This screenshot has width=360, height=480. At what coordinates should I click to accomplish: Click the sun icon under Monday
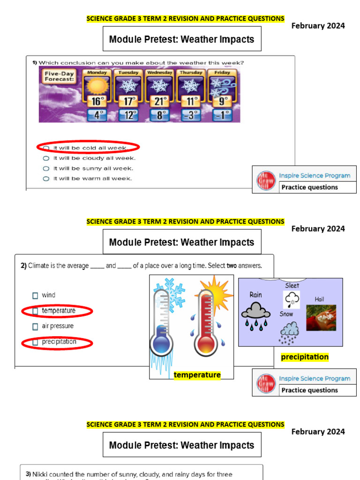[97, 86]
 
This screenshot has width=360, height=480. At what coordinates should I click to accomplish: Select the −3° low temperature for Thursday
[190, 115]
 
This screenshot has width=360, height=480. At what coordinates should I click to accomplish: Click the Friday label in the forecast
[222, 73]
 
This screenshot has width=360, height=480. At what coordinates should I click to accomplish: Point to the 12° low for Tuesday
[128, 115]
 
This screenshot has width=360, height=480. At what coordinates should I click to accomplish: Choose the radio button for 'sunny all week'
[46, 168]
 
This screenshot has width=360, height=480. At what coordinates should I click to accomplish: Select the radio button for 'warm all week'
[46, 179]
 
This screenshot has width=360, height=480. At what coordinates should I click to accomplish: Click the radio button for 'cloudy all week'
[46, 158]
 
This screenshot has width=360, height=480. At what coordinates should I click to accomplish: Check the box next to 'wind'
[35, 295]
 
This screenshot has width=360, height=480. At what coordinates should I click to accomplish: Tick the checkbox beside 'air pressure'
[35, 326]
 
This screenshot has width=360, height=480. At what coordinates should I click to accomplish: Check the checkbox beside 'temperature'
[35, 311]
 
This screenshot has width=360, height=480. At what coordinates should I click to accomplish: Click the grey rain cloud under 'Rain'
[255, 311]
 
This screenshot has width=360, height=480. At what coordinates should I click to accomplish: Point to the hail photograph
[321, 317]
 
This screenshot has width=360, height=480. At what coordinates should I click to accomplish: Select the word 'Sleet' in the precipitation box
[292, 285]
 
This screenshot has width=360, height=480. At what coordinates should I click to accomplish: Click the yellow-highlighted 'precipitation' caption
[305, 357]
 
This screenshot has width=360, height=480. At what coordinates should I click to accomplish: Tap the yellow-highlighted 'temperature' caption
[197, 375]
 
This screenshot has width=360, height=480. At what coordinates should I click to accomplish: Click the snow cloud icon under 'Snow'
[290, 329]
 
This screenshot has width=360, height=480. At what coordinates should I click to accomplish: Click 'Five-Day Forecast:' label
[59, 77]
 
